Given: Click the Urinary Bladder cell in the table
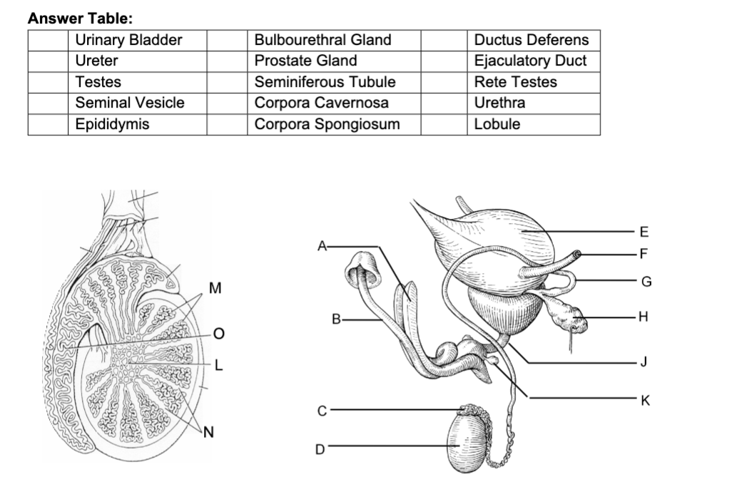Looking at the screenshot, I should click(x=129, y=40).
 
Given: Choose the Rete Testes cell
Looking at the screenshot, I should click(x=515, y=82).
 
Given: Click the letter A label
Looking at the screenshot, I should click(x=323, y=247).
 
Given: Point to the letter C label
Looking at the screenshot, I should click(x=322, y=411).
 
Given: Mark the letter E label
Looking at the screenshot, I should click(x=645, y=231).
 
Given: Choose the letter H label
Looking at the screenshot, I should click(x=645, y=317).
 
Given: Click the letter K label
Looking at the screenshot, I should click(x=646, y=401).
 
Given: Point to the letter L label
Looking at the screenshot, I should click(x=219, y=365).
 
